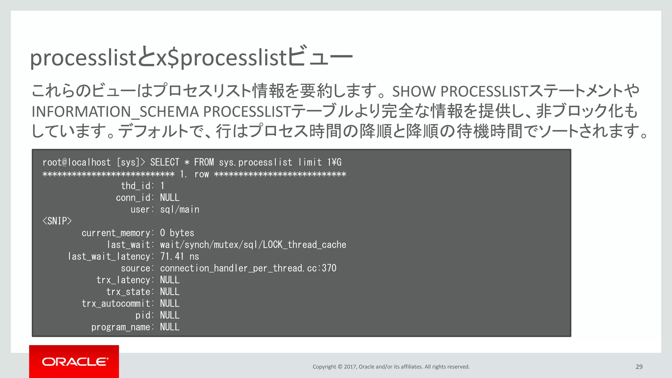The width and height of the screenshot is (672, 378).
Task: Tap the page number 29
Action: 639,367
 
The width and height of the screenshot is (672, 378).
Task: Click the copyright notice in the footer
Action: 391,367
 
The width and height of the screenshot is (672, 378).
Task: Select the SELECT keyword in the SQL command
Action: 165,162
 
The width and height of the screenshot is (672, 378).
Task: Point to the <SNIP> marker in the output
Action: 57,221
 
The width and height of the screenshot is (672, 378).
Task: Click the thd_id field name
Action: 136,186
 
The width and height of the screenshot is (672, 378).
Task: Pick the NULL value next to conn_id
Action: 170,198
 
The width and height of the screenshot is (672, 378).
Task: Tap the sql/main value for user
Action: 179,210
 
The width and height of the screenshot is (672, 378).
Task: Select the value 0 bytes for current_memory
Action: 177,233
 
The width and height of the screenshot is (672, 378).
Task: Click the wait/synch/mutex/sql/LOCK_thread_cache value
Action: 253,245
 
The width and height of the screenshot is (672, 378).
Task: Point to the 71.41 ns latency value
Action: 179,257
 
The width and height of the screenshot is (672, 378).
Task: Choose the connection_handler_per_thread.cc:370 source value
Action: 248,268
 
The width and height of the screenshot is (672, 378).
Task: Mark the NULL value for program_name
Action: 170,327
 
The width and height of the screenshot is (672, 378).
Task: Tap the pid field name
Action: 143,315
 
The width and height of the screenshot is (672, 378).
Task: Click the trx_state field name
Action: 128,292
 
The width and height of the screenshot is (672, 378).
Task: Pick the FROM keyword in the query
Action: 204,162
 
